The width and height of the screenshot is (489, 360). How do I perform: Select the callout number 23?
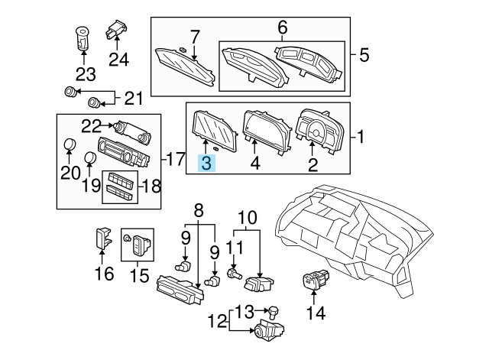[x=86, y=74]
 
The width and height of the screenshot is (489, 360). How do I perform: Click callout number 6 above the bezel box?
[x=282, y=28]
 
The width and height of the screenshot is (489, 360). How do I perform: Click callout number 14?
[x=316, y=312]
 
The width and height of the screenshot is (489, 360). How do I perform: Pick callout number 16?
[x=104, y=273]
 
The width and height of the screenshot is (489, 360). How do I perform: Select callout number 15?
[x=138, y=273]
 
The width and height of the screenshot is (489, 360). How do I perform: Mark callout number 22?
[x=92, y=125]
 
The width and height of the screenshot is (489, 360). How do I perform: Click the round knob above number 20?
[x=70, y=144]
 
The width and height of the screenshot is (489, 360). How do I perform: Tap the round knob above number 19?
[x=91, y=158]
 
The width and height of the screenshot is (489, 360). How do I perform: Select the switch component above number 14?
[x=315, y=281]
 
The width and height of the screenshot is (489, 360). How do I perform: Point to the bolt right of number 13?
[x=274, y=311]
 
